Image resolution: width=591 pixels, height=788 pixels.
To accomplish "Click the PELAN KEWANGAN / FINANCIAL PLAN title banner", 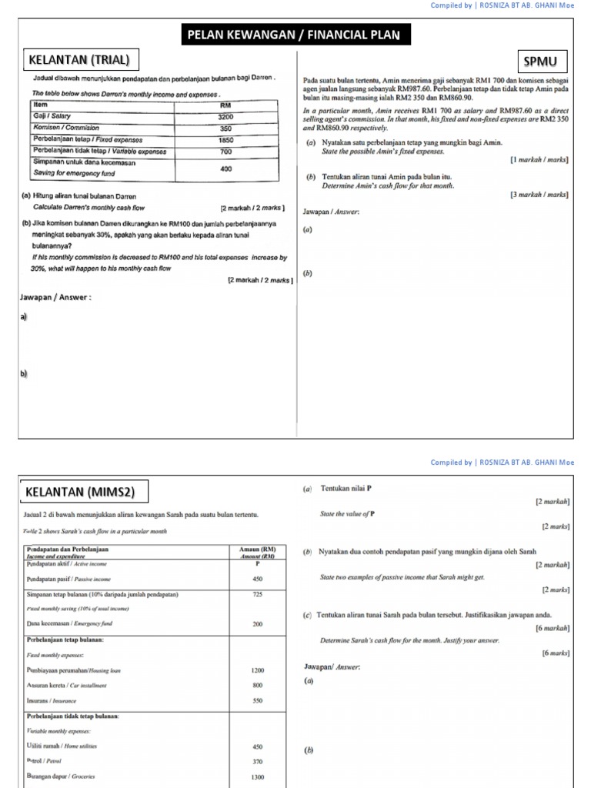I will pos(295,35).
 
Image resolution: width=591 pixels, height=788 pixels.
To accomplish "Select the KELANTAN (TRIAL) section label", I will pos(78,59).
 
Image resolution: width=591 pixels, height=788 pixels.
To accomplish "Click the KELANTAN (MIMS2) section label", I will pos(82,490).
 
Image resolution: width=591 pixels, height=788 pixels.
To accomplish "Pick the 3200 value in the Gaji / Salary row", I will pos(225,115).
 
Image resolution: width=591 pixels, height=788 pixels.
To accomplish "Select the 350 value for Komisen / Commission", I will pos(225,129).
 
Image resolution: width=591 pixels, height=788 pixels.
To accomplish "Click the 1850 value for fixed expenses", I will pos(225,141).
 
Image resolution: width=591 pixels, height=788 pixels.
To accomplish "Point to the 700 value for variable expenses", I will pos(225,152).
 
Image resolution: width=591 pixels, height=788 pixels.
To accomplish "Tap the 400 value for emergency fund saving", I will pos(225,168).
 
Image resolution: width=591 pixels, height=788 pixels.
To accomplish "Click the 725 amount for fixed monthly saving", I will pos(258,594).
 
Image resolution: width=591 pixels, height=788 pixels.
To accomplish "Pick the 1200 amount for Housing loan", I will pos(258,670).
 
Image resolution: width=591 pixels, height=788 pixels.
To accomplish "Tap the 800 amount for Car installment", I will pos(258,685).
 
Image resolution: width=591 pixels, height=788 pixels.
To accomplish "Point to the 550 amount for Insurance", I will pos(258,701).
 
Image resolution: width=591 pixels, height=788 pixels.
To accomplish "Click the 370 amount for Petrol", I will pos(258,761).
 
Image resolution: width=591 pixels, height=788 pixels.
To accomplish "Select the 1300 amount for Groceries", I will pos(258,776).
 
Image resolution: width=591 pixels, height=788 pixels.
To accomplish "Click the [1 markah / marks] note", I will pos(539,159).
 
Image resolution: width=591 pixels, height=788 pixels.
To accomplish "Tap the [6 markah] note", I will pos(552,628).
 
